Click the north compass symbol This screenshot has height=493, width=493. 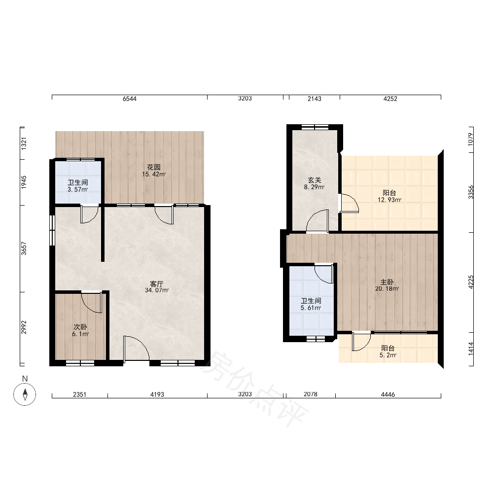25,394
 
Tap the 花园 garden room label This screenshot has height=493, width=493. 154,167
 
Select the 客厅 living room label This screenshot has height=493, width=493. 157,283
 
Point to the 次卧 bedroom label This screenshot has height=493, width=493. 80,327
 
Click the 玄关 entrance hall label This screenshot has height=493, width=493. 315,180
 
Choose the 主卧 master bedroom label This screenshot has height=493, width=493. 387,282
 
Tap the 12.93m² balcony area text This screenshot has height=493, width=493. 389,200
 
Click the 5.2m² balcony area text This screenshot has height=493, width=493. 388,355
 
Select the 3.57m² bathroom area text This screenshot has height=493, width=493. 78,190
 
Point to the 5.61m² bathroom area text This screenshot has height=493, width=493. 311,308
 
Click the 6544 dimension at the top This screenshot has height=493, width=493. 130,99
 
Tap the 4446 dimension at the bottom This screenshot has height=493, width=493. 388,394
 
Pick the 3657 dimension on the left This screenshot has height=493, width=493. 24,248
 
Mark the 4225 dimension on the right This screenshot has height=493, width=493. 471,282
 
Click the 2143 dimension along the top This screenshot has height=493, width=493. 315,99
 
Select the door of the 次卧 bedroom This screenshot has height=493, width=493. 92,303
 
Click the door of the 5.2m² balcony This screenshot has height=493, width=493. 361,342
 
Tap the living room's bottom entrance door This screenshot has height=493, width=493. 137,348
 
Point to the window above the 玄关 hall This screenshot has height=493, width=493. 315,127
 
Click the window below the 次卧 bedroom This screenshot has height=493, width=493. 80,363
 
